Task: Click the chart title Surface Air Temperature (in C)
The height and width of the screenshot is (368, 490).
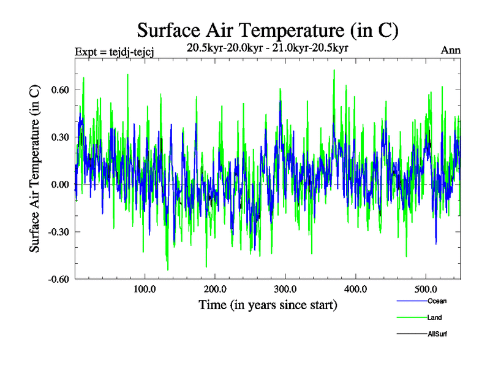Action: click(x=268, y=29)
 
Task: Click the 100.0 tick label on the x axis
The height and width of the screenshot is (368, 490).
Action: click(x=145, y=289)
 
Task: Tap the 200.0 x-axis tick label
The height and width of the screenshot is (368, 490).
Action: click(x=215, y=289)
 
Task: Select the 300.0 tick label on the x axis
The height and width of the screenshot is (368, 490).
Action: click(x=285, y=289)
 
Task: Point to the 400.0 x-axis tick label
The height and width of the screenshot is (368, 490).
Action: click(x=356, y=289)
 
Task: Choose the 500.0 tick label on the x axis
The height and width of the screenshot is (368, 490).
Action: click(x=426, y=289)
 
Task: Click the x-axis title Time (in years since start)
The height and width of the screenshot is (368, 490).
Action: click(x=268, y=305)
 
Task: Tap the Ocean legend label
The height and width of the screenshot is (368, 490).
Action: click(x=437, y=301)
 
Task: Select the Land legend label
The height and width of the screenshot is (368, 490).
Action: click(x=434, y=317)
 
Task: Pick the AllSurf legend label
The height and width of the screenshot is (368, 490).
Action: click(x=437, y=334)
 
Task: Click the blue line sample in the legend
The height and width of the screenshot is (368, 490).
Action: click(x=412, y=301)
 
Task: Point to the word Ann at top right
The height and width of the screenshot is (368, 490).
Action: click(x=451, y=50)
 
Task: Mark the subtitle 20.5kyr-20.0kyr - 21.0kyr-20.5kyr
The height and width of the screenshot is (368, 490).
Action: click(x=268, y=48)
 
